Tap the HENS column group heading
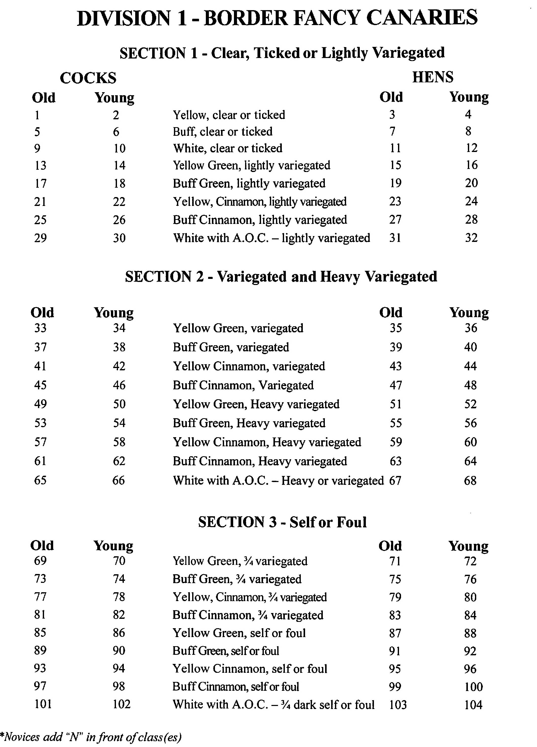click(x=433, y=77)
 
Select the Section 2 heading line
click(x=281, y=277)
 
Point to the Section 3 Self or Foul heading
click(x=282, y=522)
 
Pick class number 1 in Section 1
click(x=37, y=115)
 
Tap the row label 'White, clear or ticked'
click(x=228, y=148)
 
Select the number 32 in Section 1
click(x=471, y=238)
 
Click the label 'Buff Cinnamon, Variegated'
click(x=243, y=385)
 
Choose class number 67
click(x=395, y=481)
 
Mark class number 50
click(x=119, y=404)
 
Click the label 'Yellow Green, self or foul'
click(x=239, y=633)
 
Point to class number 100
click(x=473, y=687)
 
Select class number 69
click(x=40, y=561)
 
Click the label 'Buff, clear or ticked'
click(x=223, y=132)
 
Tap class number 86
click(x=119, y=633)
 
